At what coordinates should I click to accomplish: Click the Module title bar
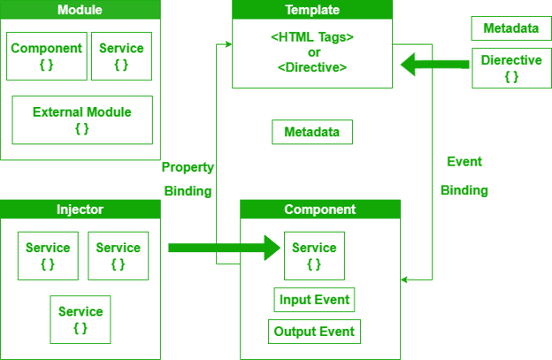(79, 10)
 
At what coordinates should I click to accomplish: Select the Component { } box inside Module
(46, 56)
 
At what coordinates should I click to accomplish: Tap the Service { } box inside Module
(120, 56)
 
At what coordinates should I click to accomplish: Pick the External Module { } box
(81, 119)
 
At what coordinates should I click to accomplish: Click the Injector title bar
(80, 210)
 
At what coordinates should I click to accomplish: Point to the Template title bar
(312, 10)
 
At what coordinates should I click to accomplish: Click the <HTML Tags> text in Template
(312, 38)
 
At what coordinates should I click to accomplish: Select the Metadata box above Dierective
(511, 28)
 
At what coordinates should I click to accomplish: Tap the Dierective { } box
(511, 68)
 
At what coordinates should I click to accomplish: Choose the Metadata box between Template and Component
(312, 133)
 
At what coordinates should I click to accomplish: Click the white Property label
(188, 167)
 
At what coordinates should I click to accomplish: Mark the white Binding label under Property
(188, 191)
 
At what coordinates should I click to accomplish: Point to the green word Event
(464, 162)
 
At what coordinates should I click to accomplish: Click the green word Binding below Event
(464, 191)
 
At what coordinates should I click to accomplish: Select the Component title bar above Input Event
(320, 210)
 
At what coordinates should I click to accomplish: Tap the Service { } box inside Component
(314, 256)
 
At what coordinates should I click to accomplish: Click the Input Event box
(314, 300)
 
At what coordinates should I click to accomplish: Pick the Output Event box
(314, 332)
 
